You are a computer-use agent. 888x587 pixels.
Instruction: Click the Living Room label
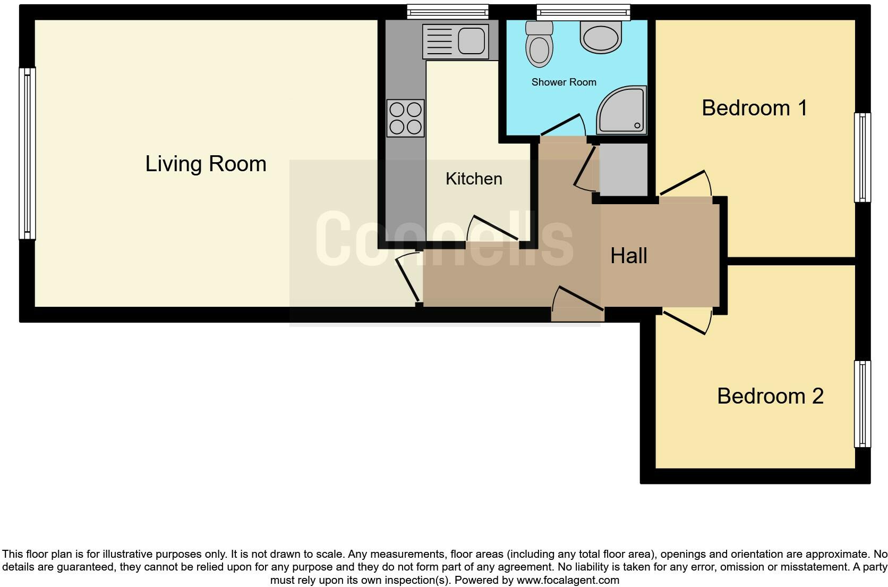[206, 164]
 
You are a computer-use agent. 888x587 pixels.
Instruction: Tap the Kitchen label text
[474, 179]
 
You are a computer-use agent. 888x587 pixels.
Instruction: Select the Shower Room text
[563, 82]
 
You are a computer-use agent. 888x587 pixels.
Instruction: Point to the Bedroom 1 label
[754, 108]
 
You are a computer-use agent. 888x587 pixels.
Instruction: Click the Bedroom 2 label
[770, 396]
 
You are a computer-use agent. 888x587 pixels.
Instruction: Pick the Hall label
[628, 256]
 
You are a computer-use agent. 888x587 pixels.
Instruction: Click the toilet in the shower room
[539, 45]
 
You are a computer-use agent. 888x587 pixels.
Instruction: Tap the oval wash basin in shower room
[601, 37]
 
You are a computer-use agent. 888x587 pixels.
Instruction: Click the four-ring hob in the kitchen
[406, 118]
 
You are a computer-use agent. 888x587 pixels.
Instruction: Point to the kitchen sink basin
[472, 40]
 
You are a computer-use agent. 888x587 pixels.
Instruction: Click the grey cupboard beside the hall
[623, 169]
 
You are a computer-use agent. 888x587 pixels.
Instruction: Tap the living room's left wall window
[27, 153]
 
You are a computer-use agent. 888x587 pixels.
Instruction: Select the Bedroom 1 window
[863, 157]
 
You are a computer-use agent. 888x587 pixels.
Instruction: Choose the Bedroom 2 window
[863, 404]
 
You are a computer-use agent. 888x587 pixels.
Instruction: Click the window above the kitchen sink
[447, 12]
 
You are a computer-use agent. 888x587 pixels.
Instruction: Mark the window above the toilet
[583, 12]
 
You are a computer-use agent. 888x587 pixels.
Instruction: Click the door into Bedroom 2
[687, 321]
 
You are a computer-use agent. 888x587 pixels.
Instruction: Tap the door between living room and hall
[408, 279]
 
